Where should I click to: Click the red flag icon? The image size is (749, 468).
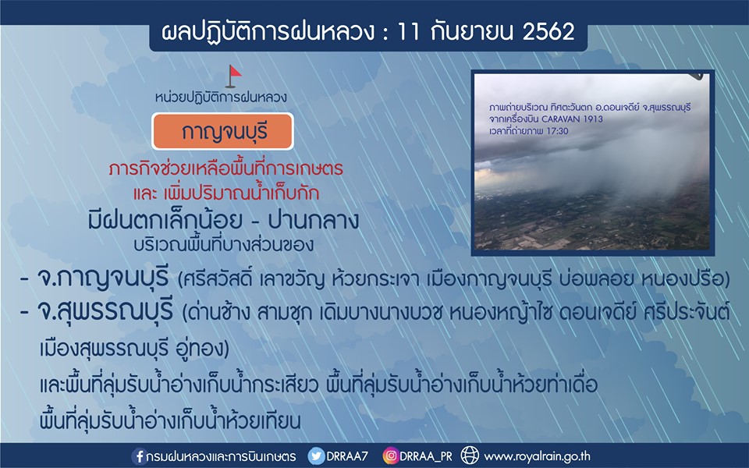coord(233,76)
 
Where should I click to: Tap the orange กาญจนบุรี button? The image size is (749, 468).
coord(222,131)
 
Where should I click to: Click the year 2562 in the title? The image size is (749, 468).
coord(548,32)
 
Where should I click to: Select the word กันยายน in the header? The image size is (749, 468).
coord(470,32)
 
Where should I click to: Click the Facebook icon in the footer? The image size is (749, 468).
coord(139,456)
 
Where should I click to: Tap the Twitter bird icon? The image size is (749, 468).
coord(316,456)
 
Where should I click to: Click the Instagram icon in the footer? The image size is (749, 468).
coord(390,456)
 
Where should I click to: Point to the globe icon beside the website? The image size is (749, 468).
coord(470,456)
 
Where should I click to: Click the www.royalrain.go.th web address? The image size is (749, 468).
coord(537,456)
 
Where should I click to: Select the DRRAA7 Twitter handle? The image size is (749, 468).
coord(347,456)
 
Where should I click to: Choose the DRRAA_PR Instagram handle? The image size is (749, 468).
coord(426,456)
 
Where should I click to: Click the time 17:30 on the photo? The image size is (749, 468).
coord(557,131)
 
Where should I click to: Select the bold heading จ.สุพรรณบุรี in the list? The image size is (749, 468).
coord(105,312)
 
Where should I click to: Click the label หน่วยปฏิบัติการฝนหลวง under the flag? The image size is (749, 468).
coord(221,97)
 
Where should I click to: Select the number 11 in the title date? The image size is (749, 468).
coord(408,32)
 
